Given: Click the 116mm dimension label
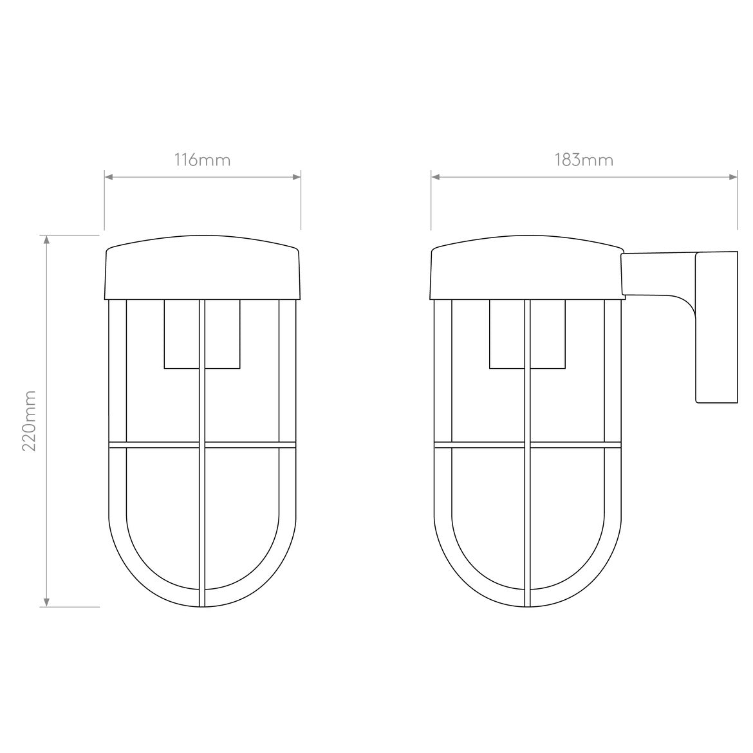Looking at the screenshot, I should (x=202, y=160).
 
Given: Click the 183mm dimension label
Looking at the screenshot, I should (x=584, y=160).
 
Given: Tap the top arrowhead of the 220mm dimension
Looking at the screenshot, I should (x=46, y=239).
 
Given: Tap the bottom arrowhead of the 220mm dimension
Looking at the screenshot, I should (x=46, y=602).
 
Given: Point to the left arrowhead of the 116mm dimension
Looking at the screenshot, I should (x=109, y=176).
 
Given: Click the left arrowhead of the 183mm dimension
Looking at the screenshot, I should (x=435, y=176).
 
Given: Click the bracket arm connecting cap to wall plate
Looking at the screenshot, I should (x=656, y=274).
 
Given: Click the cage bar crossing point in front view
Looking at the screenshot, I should (x=202, y=445).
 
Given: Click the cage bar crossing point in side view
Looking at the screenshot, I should (x=527, y=445).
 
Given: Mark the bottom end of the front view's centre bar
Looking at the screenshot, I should (x=202, y=604).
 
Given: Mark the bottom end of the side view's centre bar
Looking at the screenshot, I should (x=527, y=604).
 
